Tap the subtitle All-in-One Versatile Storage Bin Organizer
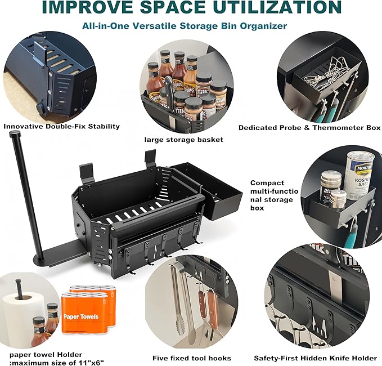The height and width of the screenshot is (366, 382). click(x=185, y=25)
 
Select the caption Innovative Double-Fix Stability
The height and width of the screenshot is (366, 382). click(x=62, y=126)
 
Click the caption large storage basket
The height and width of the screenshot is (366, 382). click(x=184, y=140)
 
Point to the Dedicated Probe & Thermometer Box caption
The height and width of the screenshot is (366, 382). click(x=309, y=128)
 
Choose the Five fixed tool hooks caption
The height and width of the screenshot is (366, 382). click(x=192, y=358)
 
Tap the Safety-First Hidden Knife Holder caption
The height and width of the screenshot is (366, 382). click(x=316, y=358)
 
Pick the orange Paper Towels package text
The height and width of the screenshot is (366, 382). click(x=81, y=317)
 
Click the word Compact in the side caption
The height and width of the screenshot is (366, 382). click(x=267, y=183)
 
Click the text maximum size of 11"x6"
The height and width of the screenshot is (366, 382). click(x=57, y=363)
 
